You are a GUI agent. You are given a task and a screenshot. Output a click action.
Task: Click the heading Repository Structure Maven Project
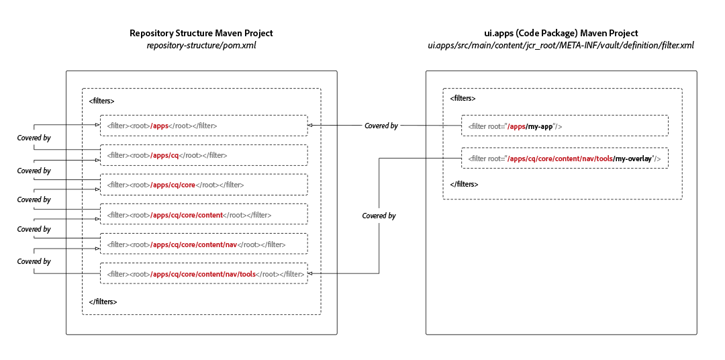pos(201,33)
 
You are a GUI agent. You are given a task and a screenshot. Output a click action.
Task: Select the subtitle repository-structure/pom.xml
pos(201,46)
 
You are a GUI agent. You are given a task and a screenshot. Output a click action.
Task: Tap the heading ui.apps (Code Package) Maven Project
pos(561,33)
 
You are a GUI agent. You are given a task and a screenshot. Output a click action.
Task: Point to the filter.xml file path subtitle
pos(561,46)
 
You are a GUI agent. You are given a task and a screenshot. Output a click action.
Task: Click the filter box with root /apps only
pos(203,126)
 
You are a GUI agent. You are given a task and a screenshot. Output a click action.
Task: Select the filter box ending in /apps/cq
pos(203,155)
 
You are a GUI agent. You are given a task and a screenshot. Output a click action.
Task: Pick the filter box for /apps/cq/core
pos(203,185)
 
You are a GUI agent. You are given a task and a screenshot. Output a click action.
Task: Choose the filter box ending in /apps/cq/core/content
pos(203,214)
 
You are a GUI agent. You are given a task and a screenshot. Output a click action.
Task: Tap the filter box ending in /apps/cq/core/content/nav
pos(203,244)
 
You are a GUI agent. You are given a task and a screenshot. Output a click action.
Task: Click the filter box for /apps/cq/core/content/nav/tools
pos(203,273)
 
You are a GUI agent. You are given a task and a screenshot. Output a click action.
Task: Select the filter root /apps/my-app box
pos(565,126)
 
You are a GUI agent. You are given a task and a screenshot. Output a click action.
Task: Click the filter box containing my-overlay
pos(565,159)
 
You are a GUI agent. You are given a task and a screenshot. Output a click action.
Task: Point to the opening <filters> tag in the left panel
pos(101,101)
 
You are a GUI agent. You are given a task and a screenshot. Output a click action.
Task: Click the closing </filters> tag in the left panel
pos(103,302)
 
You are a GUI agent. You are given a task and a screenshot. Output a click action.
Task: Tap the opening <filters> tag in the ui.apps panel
pos(463,98)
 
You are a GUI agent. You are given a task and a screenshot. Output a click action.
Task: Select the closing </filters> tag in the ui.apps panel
pos(464,183)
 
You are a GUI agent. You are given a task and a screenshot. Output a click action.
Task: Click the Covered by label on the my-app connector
pos(381,126)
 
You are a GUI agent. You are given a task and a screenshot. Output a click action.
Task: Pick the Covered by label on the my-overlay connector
pos(379,216)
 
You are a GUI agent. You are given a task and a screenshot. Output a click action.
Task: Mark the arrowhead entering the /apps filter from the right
pos(311,126)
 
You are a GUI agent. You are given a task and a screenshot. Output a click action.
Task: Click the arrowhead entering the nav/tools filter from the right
pos(311,273)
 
